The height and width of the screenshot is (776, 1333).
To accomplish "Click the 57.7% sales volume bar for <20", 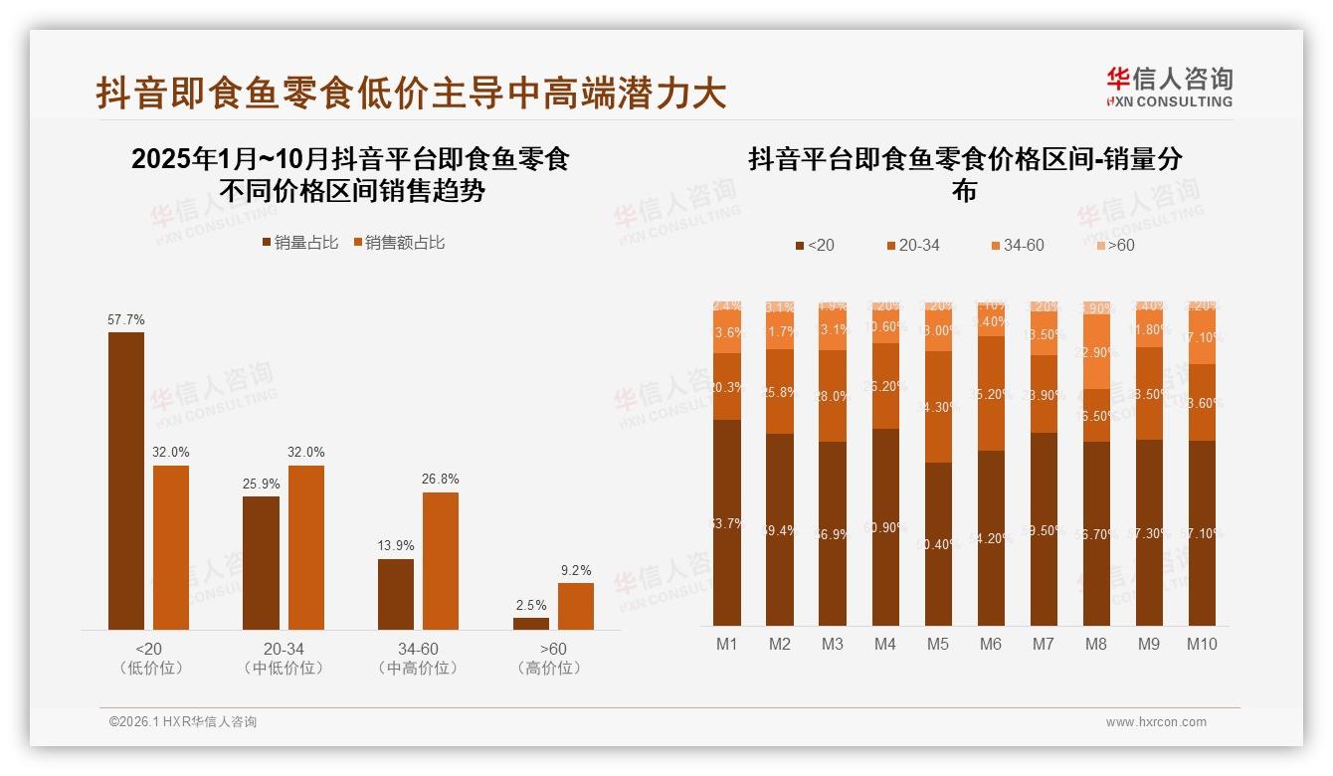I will [126, 481].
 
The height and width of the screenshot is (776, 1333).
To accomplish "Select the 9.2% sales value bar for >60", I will [575, 606].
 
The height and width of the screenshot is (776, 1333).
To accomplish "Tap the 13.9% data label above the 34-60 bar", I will [396, 545].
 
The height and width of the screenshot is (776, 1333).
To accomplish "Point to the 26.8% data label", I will [441, 479].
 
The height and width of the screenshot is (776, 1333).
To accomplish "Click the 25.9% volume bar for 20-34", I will [261, 562].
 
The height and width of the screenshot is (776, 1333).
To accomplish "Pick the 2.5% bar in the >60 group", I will [531, 624].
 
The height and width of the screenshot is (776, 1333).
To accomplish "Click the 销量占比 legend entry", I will [299, 243].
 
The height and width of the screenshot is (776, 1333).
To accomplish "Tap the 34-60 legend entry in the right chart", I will [1017, 245].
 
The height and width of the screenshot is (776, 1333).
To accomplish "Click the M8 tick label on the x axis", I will [1095, 644].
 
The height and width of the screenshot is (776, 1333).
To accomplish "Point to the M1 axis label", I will [727, 644].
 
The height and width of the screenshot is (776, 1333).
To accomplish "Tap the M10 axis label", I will [1202, 644].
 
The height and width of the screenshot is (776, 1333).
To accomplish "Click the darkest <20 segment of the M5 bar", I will [938, 544].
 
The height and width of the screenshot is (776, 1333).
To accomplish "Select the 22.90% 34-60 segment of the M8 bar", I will [1095, 351].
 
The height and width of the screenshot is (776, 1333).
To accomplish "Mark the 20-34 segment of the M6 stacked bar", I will [991, 393].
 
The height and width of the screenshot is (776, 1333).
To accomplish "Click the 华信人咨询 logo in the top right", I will [1169, 87].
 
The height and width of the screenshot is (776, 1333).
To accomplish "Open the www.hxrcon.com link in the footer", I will [1156, 722].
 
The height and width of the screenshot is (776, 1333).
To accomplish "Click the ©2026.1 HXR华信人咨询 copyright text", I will [183, 722].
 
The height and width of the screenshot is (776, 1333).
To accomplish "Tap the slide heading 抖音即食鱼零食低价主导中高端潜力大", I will [411, 94].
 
